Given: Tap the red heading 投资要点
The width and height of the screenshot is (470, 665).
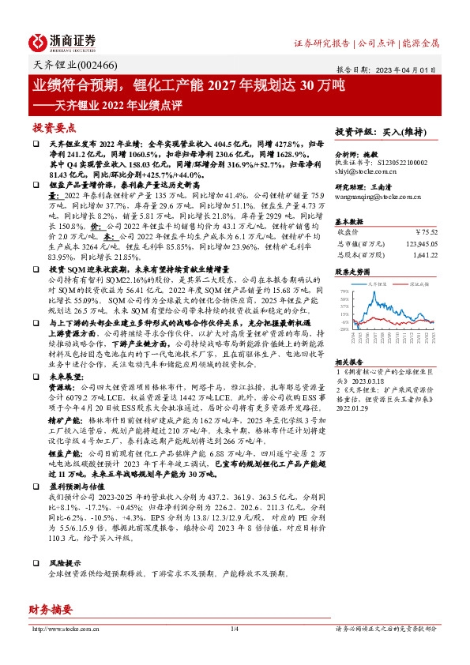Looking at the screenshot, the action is point(55,127).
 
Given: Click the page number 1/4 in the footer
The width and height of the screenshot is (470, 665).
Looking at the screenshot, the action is point(234,629).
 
